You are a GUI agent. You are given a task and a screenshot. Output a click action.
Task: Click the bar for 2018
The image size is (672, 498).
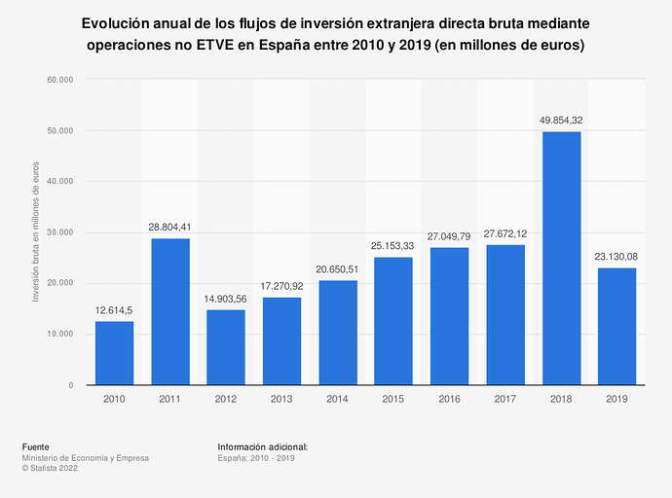pyautogui.click(x=561, y=258)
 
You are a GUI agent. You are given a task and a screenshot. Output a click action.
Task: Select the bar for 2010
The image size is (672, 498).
pyautogui.click(x=114, y=353)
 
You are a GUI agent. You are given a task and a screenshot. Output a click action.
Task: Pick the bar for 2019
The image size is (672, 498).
pyautogui.click(x=616, y=326)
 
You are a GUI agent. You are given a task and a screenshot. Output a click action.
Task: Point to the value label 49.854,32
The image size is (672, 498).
pyautogui.click(x=561, y=121)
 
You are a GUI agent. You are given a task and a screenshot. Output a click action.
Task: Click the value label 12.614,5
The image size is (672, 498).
pyautogui.click(x=114, y=310)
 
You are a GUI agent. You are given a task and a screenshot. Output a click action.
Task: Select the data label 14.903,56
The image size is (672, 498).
pyautogui.click(x=226, y=299)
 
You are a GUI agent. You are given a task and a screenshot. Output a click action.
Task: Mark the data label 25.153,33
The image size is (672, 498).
pyautogui.click(x=393, y=246)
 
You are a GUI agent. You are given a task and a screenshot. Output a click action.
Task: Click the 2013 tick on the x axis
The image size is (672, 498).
pyautogui.click(x=281, y=399)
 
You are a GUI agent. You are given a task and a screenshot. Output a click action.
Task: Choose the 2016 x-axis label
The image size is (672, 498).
pyautogui.click(x=449, y=399)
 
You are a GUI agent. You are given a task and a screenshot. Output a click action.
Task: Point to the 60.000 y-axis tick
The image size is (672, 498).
pyautogui.click(x=60, y=80)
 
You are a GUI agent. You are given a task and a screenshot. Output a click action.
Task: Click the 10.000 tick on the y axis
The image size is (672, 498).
pyautogui.click(x=60, y=334)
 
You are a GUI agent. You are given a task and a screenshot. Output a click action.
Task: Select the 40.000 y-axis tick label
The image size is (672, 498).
pyautogui.click(x=60, y=182)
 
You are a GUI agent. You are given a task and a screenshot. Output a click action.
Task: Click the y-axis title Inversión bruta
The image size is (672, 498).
pyautogui.click(x=36, y=232)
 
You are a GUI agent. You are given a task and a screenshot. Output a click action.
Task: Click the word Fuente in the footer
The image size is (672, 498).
pyautogui.click(x=36, y=446)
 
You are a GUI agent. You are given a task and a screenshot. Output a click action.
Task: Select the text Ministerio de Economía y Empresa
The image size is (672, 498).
pyautogui.click(x=86, y=458)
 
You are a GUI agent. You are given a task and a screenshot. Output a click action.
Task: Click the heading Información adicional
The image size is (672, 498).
pyautogui.click(x=263, y=446)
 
